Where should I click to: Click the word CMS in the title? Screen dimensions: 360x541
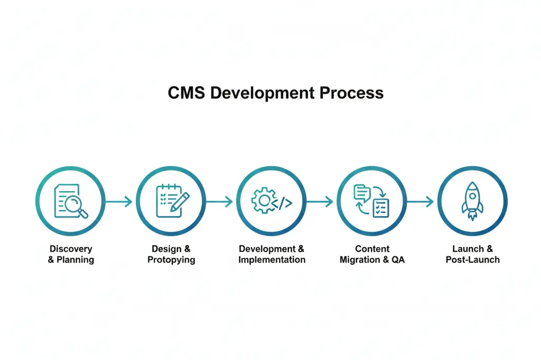pos(186,93)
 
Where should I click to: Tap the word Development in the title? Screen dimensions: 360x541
pos(263,93)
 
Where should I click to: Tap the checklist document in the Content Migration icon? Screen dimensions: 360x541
pos(380,207)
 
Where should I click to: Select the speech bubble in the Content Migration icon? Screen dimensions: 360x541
pos(361,192)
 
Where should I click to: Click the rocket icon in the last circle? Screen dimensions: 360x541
pos(472,201)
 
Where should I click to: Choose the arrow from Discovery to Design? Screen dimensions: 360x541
pos(118,201)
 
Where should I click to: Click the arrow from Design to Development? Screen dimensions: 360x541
pos(219,201)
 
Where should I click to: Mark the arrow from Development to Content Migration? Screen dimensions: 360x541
pos(320,201)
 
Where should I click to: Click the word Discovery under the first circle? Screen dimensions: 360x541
pos(71,249)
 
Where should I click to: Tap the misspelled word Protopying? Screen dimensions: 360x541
pos(171,260)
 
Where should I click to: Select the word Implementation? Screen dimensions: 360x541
pos(272,260)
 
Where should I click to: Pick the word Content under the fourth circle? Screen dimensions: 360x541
pos(372,249)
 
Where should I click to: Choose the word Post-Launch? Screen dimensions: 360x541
pos(472,260)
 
